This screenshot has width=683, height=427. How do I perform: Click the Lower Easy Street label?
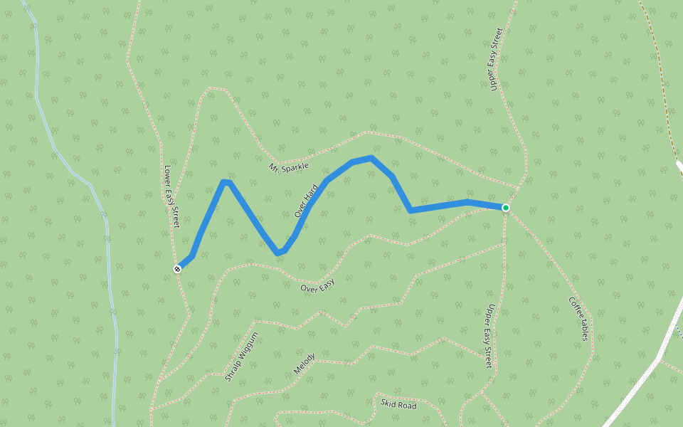(171, 196)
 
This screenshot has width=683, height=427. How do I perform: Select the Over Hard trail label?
(306, 200)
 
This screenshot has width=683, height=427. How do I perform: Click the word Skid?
(388, 403)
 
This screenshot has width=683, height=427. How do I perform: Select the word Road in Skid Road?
(408, 406)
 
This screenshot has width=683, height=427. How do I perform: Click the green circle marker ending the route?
(506, 208)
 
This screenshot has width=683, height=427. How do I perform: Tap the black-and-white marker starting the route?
(177, 268)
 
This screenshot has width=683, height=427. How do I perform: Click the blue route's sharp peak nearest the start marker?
(226, 182)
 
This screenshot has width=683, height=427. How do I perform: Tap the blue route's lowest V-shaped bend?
(279, 253)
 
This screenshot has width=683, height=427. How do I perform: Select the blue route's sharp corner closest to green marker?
(411, 211)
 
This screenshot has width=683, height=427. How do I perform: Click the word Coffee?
(574, 307)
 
